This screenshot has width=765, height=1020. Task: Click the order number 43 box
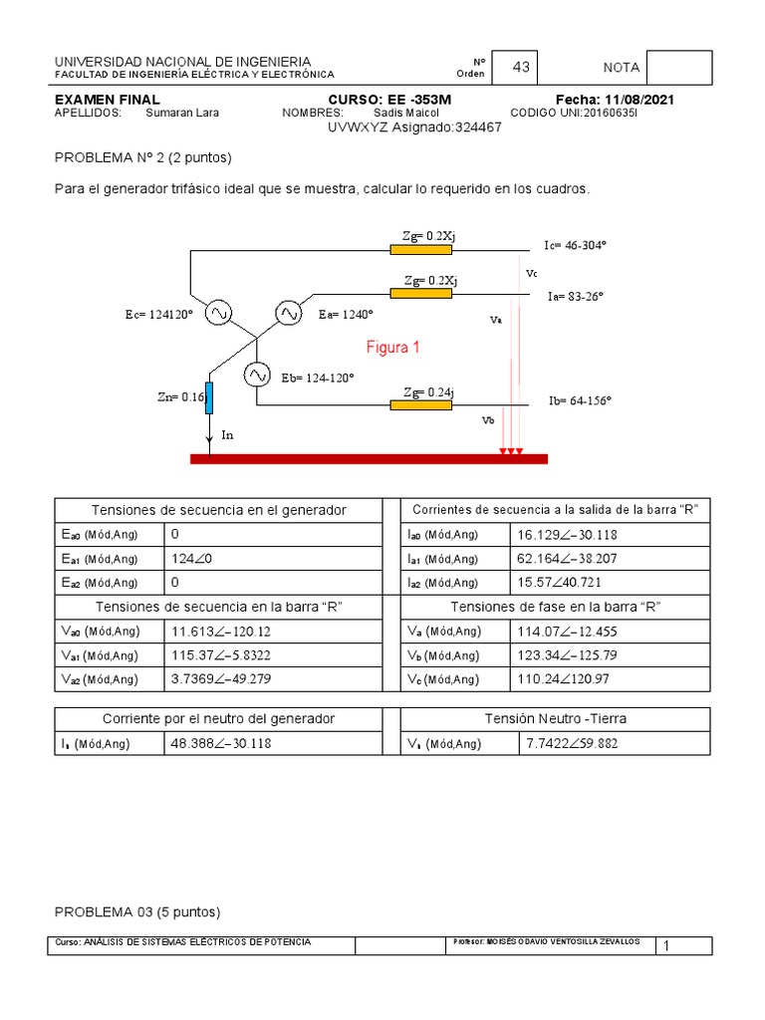[520, 68]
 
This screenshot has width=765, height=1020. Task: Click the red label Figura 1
[393, 348]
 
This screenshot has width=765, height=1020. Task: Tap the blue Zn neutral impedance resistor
[210, 396]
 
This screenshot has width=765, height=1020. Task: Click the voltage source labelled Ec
[218, 314]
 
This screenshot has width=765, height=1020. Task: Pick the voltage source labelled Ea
[289, 314]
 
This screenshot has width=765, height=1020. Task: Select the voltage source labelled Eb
[257, 375]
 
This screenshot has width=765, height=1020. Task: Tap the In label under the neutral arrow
[227, 435]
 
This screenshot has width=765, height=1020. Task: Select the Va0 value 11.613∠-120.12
[221, 632]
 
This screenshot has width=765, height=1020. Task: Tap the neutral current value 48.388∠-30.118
[221, 743]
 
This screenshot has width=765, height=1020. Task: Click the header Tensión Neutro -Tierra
[555, 718]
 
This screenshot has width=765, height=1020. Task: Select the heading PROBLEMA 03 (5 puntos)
[136, 911]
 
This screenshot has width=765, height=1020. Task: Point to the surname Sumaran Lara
[182, 113]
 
